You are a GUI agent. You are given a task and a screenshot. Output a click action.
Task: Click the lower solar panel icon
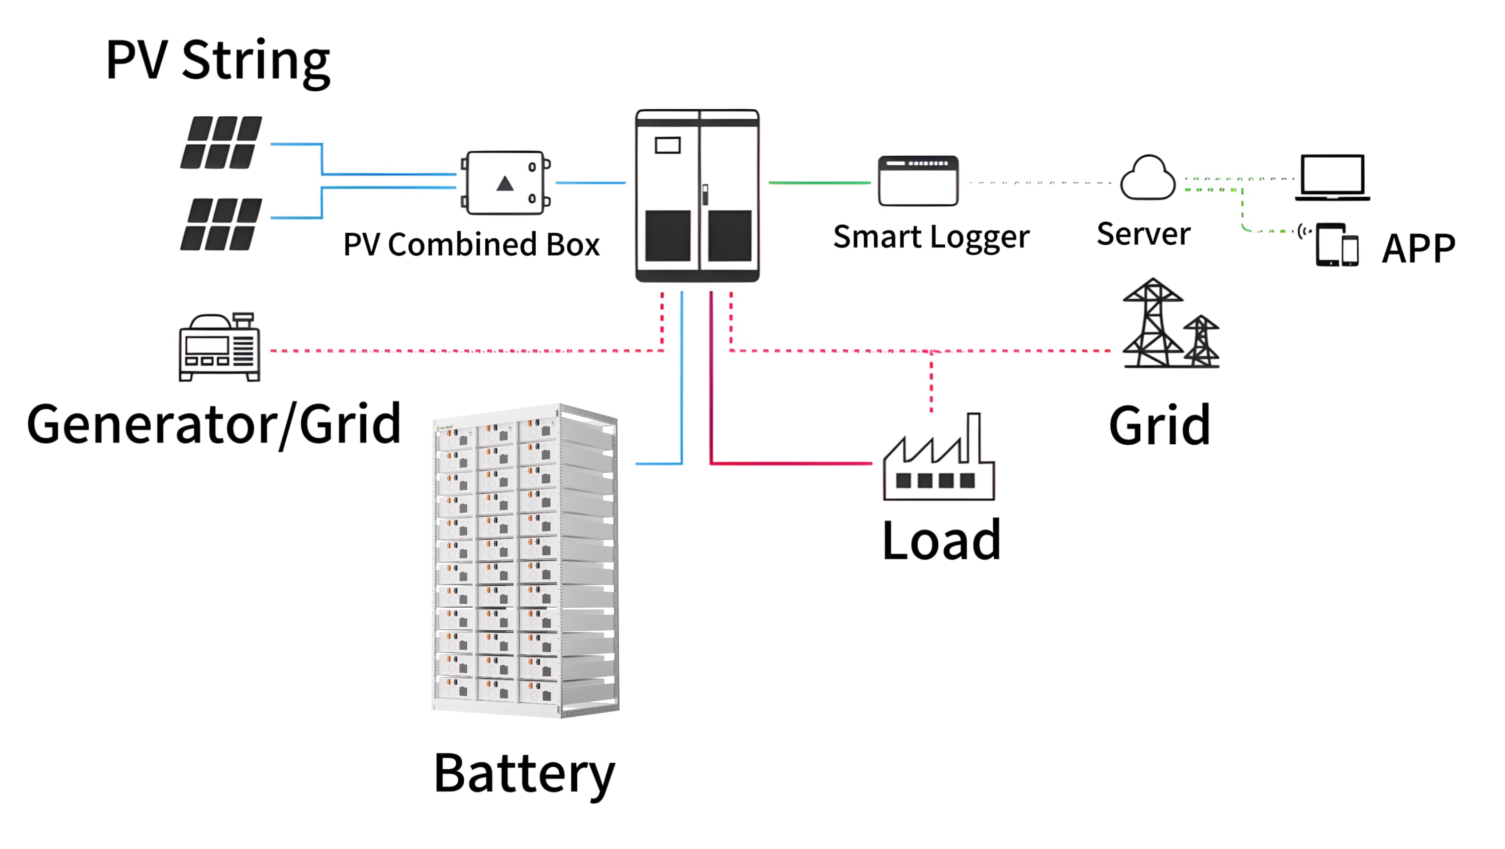point(221,224)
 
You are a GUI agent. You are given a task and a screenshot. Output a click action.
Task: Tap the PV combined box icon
point(506,183)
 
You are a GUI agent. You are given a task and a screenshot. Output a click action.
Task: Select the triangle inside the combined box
point(505,184)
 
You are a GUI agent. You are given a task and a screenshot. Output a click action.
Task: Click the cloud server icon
point(1147,177)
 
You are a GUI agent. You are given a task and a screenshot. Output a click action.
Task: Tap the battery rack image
point(525,561)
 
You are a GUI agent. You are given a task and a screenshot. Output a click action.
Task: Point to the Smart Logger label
point(931,236)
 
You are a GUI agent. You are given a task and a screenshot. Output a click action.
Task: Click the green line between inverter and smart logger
point(819,183)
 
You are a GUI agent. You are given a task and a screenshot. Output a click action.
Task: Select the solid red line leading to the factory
point(789,464)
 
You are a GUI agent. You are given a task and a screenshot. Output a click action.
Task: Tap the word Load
point(941,540)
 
